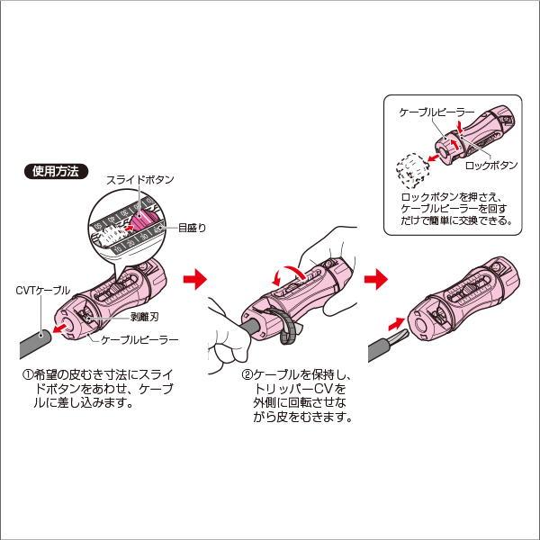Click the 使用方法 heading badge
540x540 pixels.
coord(56,170)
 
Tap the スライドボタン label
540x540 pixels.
coord(139,180)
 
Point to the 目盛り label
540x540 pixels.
coord(192,229)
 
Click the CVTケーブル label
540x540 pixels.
coord(42,290)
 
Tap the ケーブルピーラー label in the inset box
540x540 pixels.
coord(429,112)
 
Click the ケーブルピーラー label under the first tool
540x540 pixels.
coord(139,340)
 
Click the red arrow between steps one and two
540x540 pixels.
coord(193,281)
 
